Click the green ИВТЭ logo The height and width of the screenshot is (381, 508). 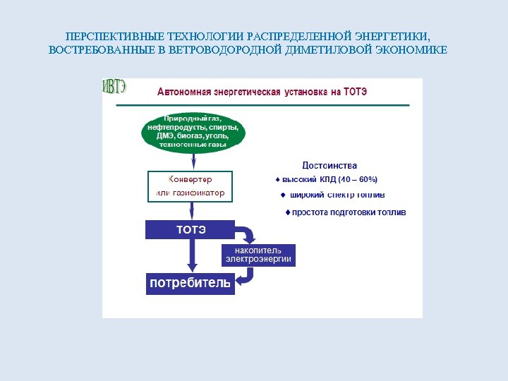(x=115, y=87)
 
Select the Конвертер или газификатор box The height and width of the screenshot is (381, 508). (x=190, y=186)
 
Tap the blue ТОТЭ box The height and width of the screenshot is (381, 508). (x=189, y=229)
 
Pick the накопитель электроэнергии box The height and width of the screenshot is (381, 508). (x=258, y=255)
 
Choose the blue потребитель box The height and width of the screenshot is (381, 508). (x=189, y=284)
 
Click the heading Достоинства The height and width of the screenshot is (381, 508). (x=329, y=165)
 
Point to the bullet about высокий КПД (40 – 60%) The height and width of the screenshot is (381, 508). (x=327, y=179)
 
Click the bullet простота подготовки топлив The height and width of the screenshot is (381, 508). (x=345, y=212)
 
